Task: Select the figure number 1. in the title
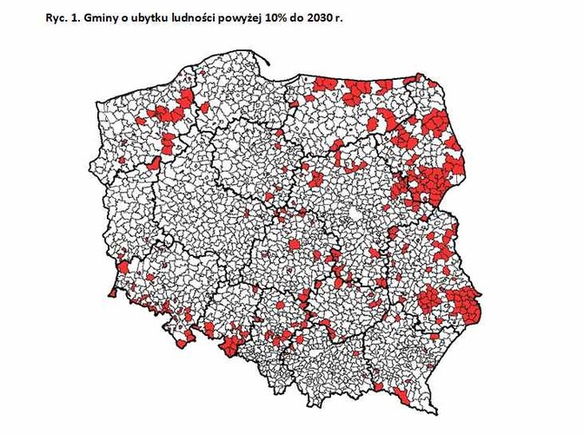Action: tap(81, 17)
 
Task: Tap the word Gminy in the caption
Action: tap(107, 17)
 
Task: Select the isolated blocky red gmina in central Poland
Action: tap(295, 246)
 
